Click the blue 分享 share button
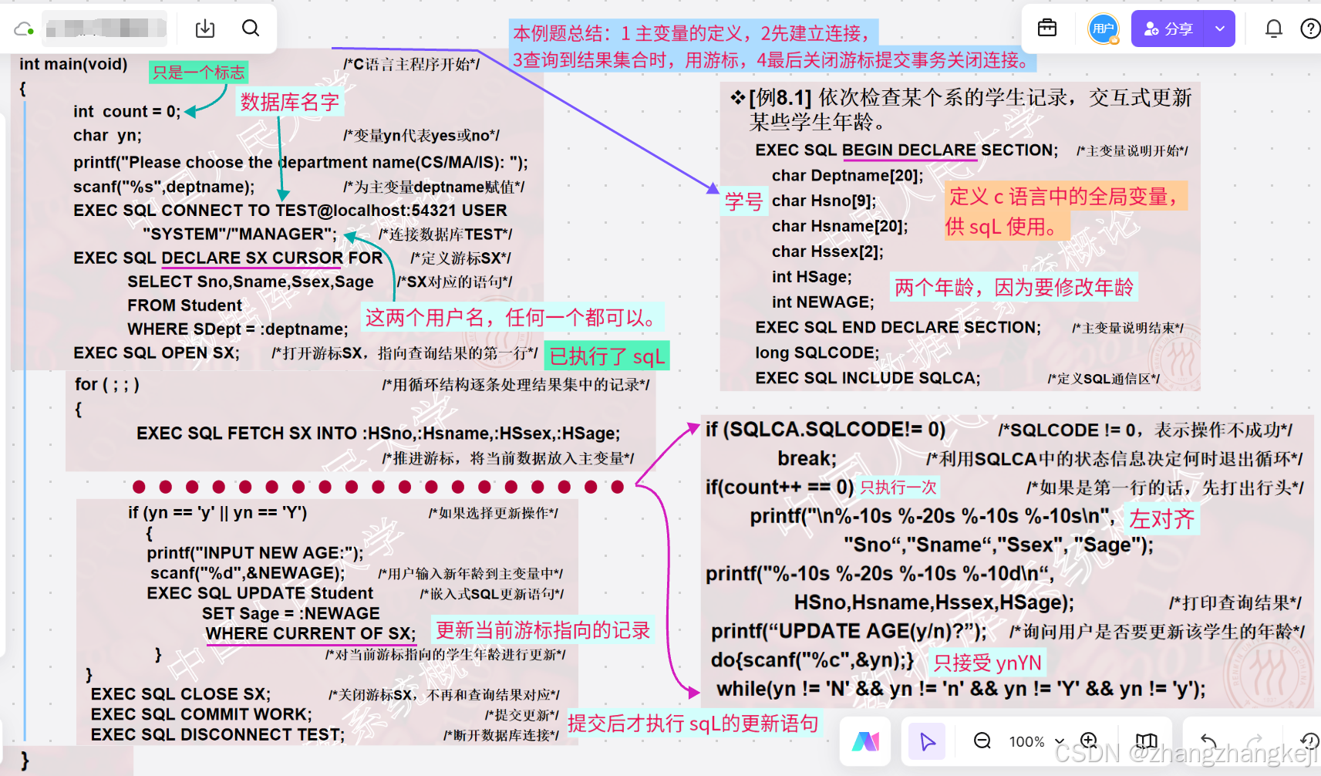[x=1169, y=29]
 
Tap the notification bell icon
[x=1273, y=29]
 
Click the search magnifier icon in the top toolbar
[x=251, y=29]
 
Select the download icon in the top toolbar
[x=205, y=29]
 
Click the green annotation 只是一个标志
[x=198, y=73]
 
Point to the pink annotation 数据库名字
[x=289, y=102]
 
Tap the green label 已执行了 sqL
[x=606, y=356]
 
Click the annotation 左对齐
[x=1161, y=519]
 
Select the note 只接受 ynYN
[x=987, y=663]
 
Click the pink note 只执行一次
[x=898, y=488]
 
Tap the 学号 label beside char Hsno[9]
[x=743, y=202]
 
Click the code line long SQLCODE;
[x=817, y=353]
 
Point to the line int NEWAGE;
[x=823, y=302]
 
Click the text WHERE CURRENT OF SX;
[x=311, y=633]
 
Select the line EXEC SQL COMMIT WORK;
[x=201, y=714]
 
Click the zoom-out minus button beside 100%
[x=982, y=741]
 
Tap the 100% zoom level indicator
[x=1026, y=741]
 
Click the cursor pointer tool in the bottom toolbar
[x=927, y=741]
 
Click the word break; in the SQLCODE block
[x=807, y=458]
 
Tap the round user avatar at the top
[x=1103, y=29]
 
